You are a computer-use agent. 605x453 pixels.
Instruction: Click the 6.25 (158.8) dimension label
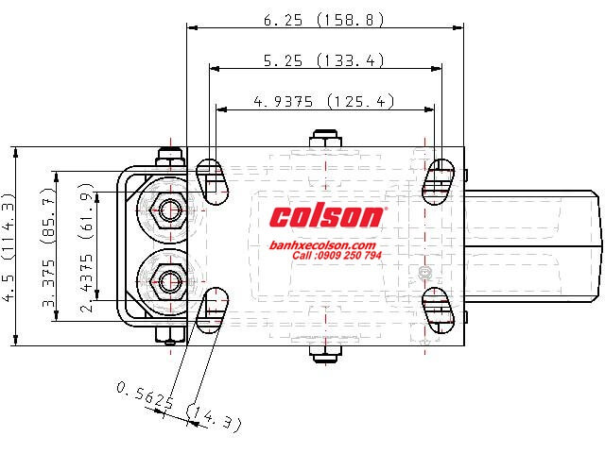tap(324, 20)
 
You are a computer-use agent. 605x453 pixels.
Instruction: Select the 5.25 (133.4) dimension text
tap(324, 60)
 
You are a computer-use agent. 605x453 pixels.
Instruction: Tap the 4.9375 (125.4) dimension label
tap(324, 102)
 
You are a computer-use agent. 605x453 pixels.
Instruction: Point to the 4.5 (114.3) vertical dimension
tap(9, 246)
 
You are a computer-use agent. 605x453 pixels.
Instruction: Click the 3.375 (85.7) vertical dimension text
tap(48, 247)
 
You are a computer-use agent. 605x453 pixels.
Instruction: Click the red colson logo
tap(328, 216)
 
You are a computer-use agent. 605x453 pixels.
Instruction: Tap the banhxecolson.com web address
tap(322, 245)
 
